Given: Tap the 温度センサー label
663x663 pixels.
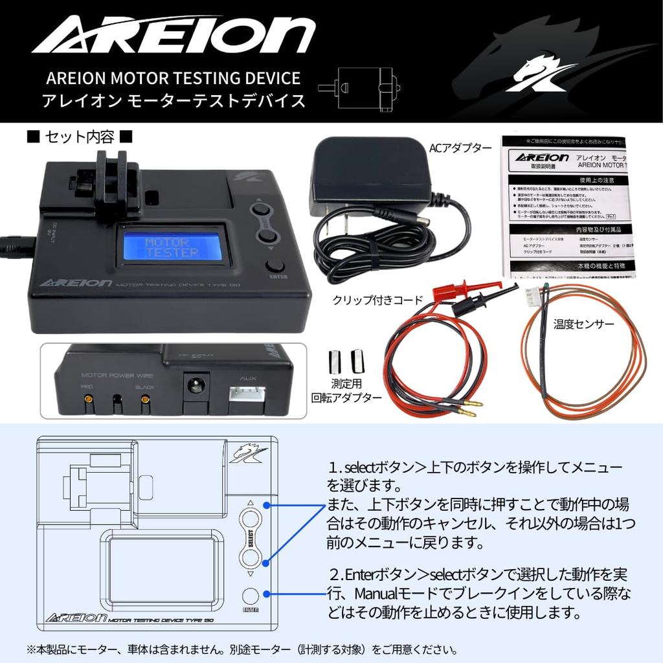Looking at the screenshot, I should tap(583, 323).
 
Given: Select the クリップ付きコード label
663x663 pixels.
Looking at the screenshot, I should tap(377, 300).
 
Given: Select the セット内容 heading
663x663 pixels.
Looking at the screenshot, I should tap(80, 137).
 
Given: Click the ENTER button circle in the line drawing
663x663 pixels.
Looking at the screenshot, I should tap(251, 596).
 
